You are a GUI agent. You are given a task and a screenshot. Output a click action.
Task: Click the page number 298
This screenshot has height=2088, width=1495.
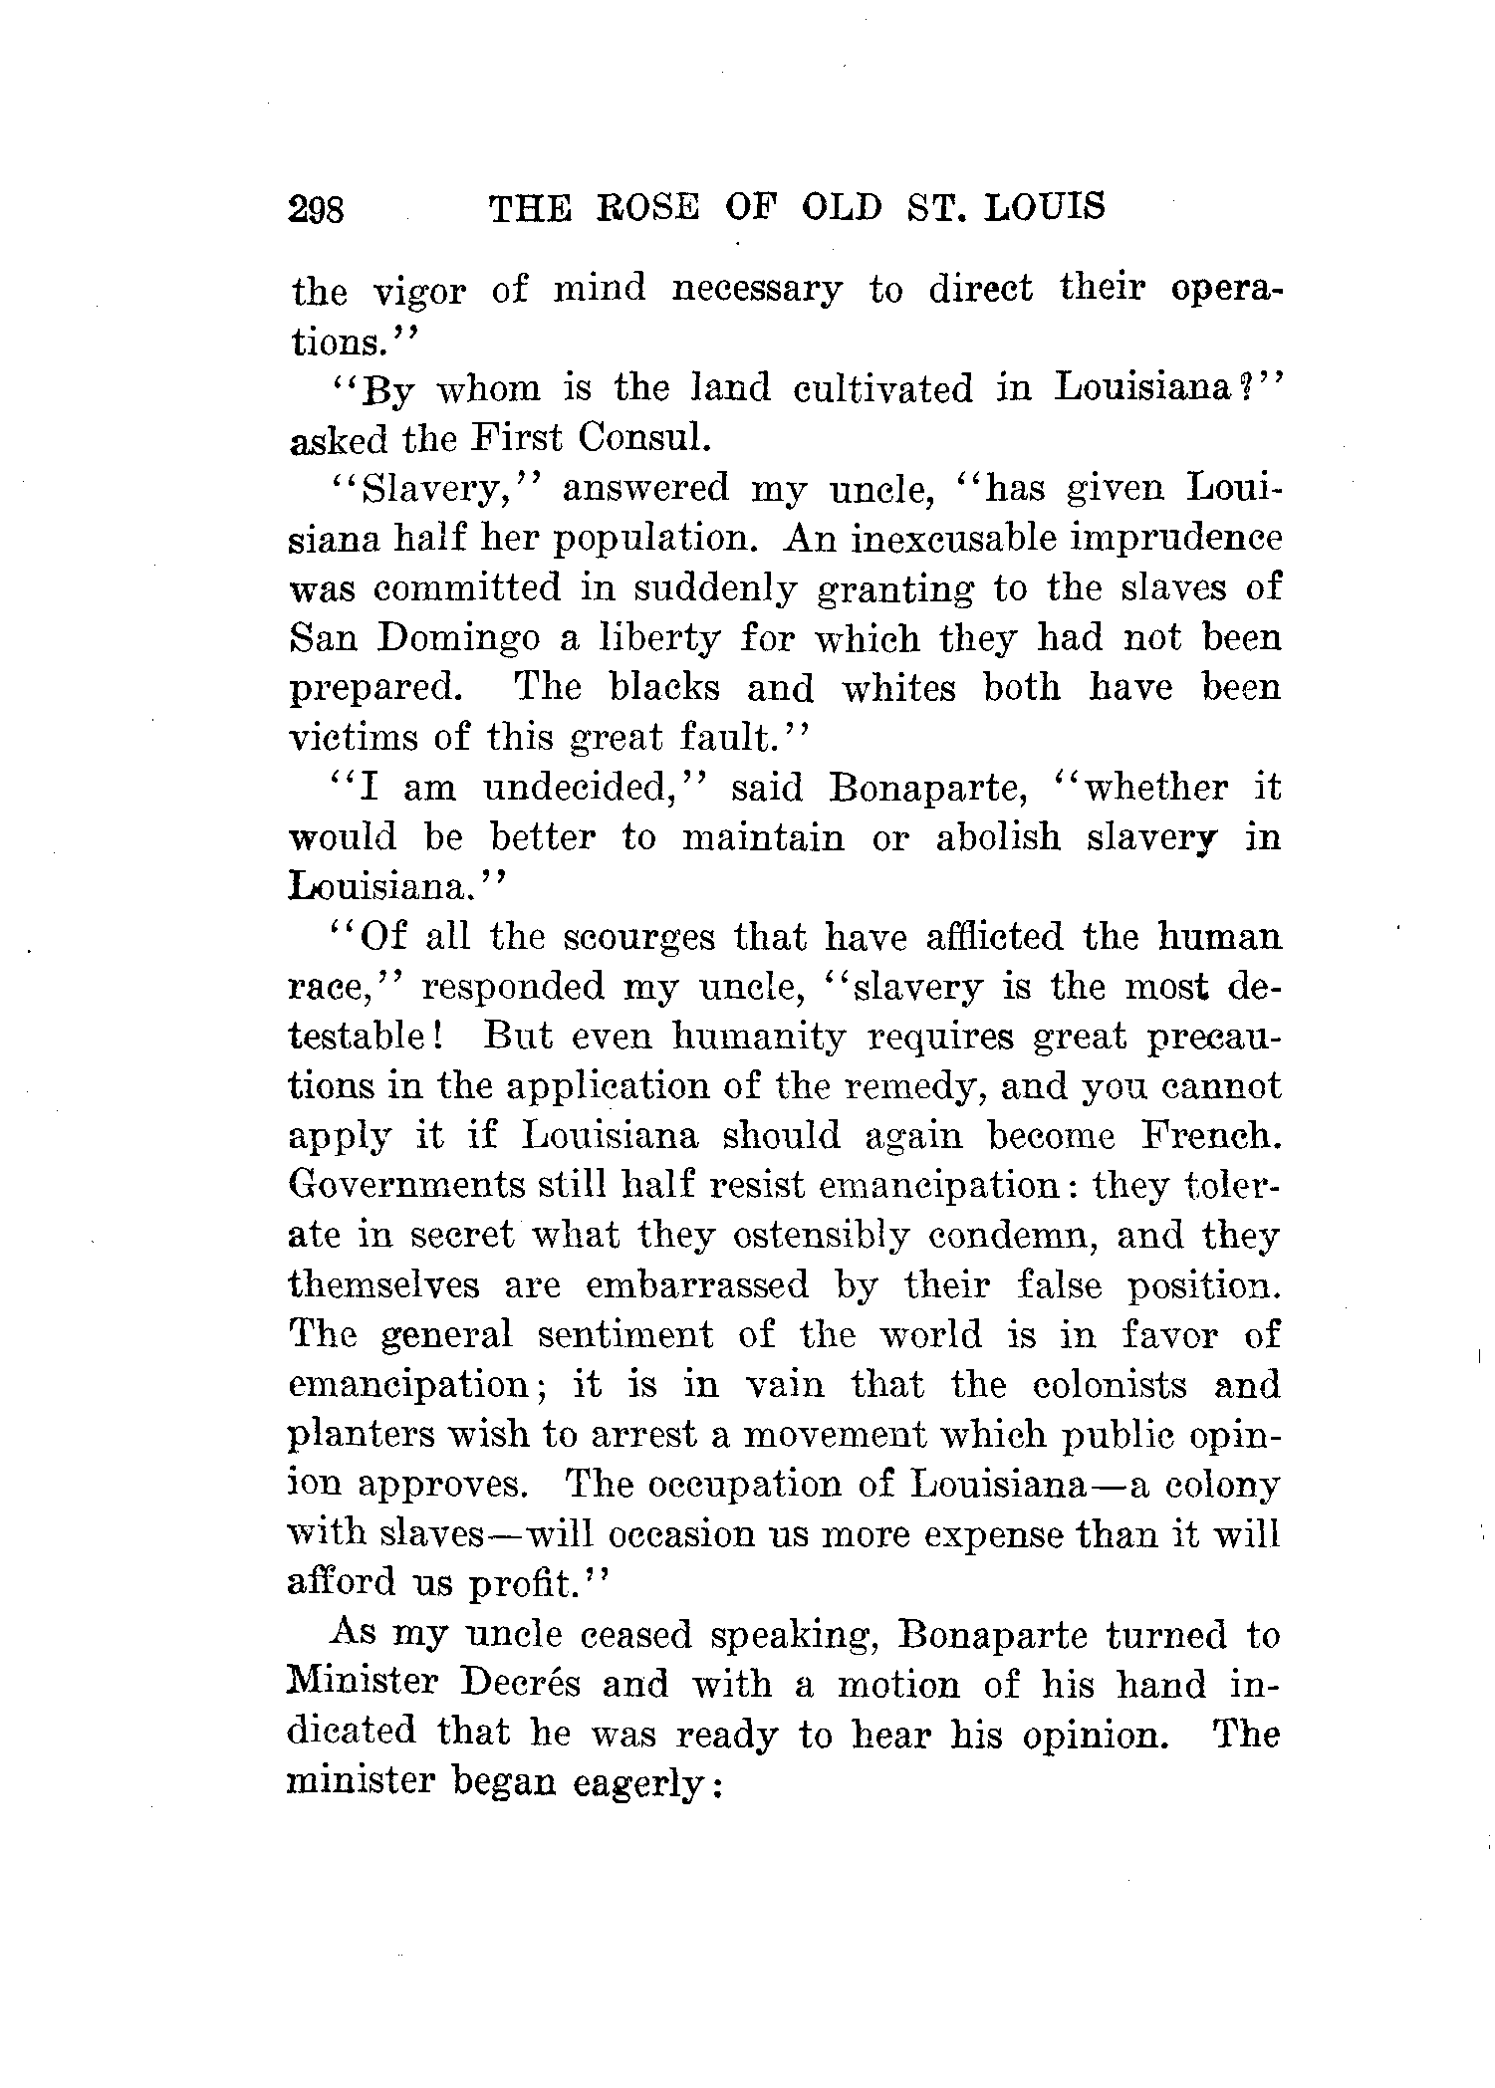point(316,210)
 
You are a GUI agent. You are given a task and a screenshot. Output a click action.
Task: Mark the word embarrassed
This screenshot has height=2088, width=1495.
point(698,1285)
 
